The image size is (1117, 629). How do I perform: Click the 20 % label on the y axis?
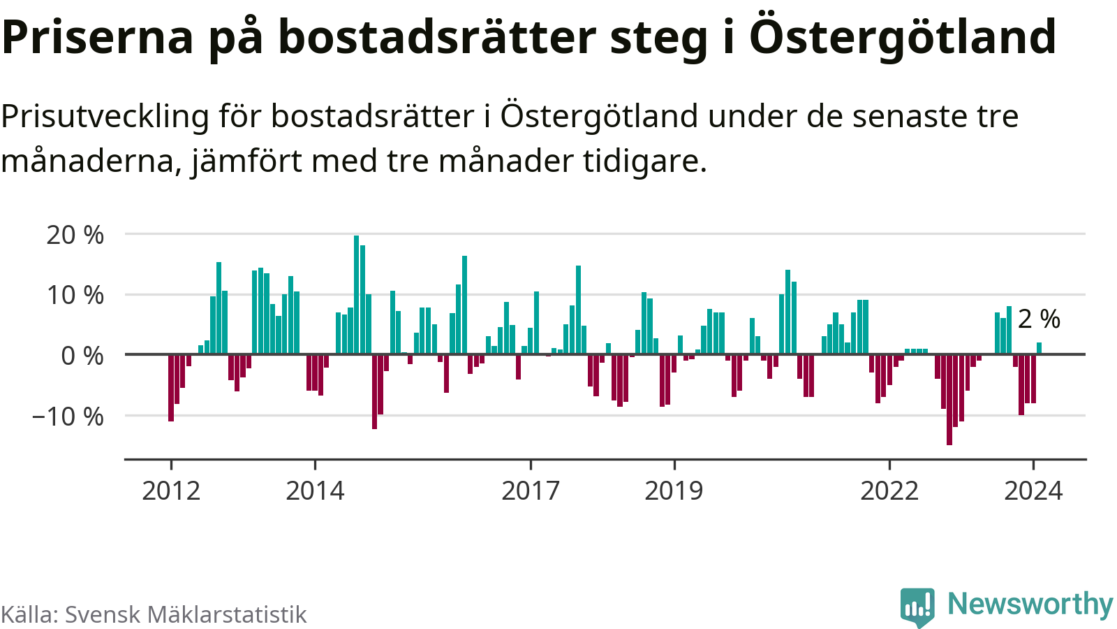75,235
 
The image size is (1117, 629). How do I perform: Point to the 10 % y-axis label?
75,295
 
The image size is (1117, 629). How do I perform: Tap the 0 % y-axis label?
82,356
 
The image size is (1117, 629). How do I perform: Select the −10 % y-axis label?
68,417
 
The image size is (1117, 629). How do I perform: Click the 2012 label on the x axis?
171,491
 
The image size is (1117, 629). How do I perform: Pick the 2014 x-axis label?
315,491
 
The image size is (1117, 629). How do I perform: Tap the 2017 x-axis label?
531,491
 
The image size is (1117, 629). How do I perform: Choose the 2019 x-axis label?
674,491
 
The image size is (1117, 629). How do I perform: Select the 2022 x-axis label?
889,491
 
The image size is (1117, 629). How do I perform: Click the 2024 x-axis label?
1033,491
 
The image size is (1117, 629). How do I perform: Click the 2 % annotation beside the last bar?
1039,319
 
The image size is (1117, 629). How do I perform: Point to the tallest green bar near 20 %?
356,295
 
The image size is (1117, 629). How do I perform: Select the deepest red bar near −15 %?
949,400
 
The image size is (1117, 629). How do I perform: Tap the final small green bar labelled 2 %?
1039,348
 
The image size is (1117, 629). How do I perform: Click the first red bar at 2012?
171,388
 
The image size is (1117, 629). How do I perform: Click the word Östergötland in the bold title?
902,36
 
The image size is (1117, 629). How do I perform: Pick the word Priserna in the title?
98,36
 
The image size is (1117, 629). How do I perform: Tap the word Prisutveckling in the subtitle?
105,117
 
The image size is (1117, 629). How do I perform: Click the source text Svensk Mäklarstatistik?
186,614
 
